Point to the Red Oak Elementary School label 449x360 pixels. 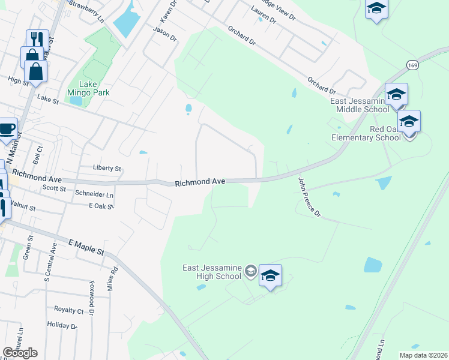point(368,133)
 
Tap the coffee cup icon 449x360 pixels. point(7,129)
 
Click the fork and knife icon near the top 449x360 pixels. point(37,40)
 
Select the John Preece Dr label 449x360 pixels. point(310,196)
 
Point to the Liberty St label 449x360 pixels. point(107,169)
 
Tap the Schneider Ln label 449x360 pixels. point(94,194)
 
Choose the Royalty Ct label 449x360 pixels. point(69,310)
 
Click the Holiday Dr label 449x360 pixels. point(62,325)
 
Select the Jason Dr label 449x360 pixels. point(164,32)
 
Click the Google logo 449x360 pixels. point(20,352)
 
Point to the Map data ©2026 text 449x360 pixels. point(424,355)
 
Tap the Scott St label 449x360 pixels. point(54,188)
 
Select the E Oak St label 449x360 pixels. point(101,205)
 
